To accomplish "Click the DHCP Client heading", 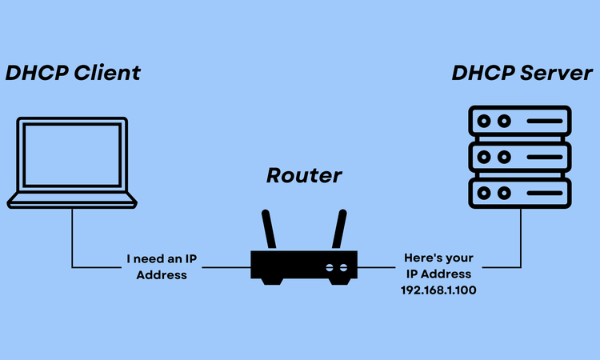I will tap(73, 73).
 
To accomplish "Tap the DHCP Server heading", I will tap(522, 73).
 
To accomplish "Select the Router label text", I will tap(303, 175).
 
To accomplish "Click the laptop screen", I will tap(72, 155).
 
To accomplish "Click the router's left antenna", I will tap(270, 228).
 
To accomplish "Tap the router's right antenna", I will tap(338, 228).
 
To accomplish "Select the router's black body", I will tap(304, 265).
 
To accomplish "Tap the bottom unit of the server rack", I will tap(519, 191).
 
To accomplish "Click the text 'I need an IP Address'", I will tap(162, 267).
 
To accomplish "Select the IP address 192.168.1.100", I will tap(438, 289).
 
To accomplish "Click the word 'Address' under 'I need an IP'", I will tap(162, 274).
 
